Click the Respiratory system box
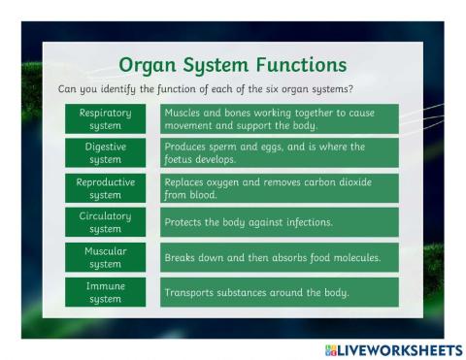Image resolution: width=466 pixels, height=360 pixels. (106, 118)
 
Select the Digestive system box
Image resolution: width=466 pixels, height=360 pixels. (106, 152)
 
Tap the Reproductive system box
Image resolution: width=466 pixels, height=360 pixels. (106, 187)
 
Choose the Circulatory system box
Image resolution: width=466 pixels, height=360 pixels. (106, 222)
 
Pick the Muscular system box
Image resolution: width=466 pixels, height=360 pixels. (106, 257)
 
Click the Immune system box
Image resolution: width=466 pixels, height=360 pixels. (106, 292)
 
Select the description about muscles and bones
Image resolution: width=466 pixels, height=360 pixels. (280, 118)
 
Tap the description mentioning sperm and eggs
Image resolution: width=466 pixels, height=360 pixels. (280, 152)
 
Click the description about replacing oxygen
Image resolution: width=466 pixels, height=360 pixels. (280, 187)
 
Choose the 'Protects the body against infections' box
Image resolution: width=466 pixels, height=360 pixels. (280, 222)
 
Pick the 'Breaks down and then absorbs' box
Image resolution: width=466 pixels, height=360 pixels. (280, 257)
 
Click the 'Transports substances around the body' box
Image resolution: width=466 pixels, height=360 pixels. (280, 292)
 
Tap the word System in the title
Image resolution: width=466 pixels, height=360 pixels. (214, 65)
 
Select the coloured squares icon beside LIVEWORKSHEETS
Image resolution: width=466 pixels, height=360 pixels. (331, 348)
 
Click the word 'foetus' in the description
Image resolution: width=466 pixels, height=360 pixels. (181, 159)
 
